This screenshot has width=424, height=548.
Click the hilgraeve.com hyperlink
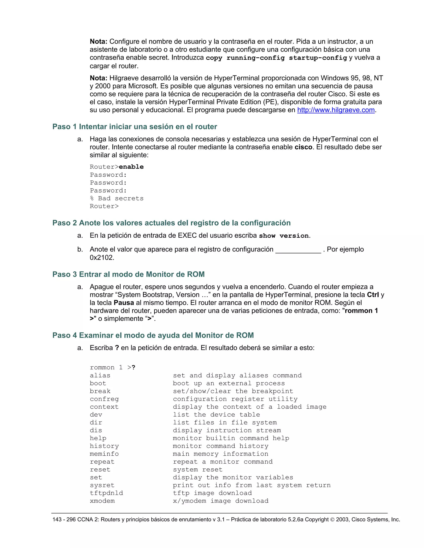(336, 110)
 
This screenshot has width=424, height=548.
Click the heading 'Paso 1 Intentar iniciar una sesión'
(135, 127)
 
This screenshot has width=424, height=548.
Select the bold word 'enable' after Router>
(131, 167)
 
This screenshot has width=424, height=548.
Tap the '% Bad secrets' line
(117, 198)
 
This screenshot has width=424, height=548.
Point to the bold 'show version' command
(284, 236)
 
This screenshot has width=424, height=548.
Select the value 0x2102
(102, 257)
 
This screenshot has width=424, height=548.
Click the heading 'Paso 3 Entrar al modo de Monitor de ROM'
(128, 274)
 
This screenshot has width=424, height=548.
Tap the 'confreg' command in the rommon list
(104, 399)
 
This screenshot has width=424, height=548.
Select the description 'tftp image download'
(212, 493)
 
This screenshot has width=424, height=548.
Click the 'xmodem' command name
(102, 501)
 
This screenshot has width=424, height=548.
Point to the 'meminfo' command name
(104, 454)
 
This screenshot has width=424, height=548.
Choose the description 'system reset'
(198, 469)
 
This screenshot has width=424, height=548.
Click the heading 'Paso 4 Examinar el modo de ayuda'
(153, 335)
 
